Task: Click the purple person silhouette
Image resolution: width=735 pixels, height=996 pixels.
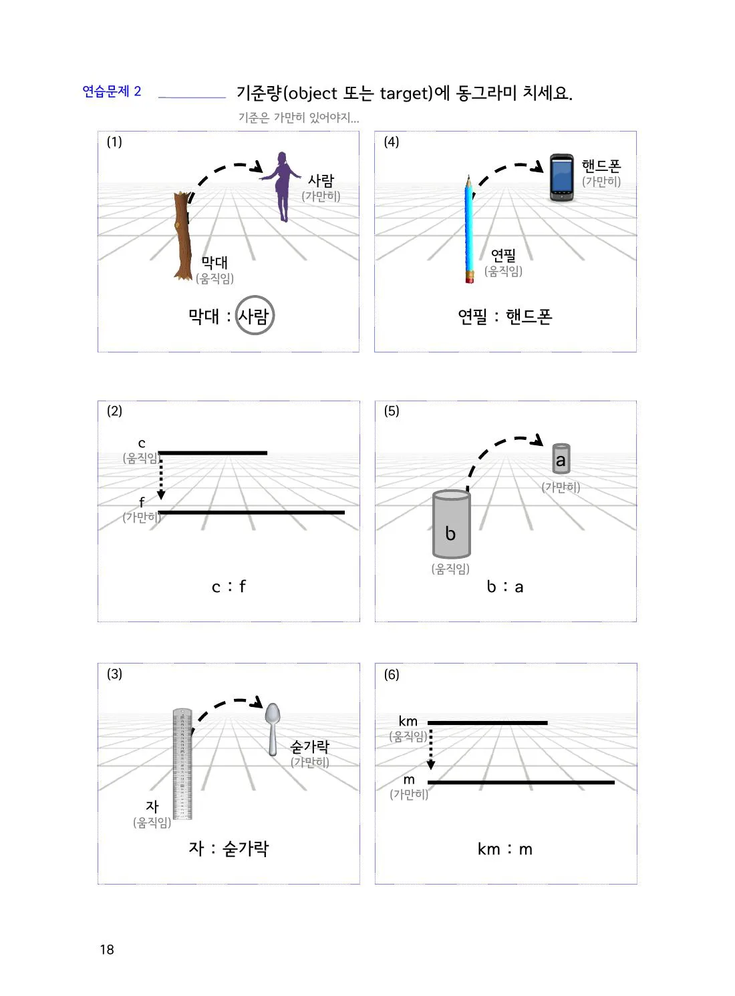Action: click(282, 187)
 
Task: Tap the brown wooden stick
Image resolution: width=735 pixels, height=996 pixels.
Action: click(182, 236)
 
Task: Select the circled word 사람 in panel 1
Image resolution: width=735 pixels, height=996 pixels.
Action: click(254, 316)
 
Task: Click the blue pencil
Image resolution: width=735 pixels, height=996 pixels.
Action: click(469, 230)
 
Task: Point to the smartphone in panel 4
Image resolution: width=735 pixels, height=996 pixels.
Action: click(561, 178)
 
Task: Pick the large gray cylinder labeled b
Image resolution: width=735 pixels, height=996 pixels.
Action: click(451, 524)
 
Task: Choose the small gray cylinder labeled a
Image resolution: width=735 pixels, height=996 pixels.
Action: click(561, 459)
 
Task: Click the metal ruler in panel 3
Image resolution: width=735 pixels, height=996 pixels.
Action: click(182, 764)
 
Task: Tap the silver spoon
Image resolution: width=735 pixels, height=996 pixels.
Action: click(273, 729)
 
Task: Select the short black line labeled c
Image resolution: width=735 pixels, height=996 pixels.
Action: click(212, 453)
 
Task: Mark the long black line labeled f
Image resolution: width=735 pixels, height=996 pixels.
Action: click(251, 513)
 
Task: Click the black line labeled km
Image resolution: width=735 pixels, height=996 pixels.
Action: click(488, 723)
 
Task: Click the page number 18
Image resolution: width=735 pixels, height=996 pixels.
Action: click(107, 950)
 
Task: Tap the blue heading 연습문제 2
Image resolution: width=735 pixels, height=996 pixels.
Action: click(112, 91)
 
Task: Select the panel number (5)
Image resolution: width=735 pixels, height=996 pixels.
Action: click(392, 411)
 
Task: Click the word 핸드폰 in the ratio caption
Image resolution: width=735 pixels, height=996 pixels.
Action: click(529, 316)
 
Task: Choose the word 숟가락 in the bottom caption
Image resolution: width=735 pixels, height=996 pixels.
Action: click(245, 849)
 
